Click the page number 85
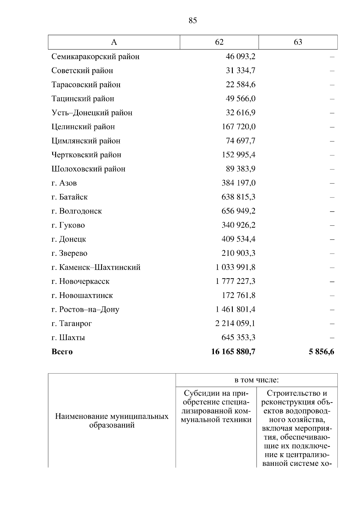coord(193,21)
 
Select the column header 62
coord(219,42)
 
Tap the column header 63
coord(298,42)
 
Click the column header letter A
coord(114,42)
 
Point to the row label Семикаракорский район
coord(95,57)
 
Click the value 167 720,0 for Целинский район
coord(238,127)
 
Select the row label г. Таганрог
coord(72,324)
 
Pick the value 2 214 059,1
coord(235,324)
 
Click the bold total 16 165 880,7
coord(233,352)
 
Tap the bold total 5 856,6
coord(321,352)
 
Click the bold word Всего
coord(62,352)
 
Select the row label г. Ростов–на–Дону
coord(85,310)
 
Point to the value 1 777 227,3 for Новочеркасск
coord(235,281)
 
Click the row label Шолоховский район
coord(88,169)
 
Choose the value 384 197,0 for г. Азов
coord(238,183)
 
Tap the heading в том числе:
coord(256,380)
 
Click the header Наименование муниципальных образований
coord(112,421)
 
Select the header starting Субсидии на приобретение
coord(216,406)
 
